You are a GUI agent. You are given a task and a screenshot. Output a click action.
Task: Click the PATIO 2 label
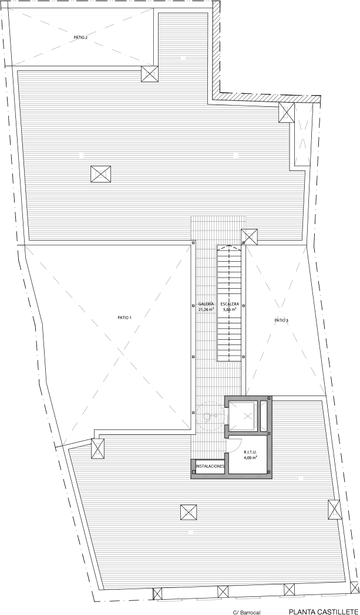tap(80, 38)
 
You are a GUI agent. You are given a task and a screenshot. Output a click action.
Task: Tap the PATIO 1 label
tap(124, 318)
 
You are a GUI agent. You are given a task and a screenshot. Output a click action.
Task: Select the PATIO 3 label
tap(281, 320)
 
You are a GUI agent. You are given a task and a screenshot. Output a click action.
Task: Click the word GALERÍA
tap(206, 304)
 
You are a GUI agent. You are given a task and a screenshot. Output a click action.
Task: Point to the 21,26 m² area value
tap(206, 309)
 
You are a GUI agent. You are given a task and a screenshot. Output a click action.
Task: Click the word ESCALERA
tap(229, 304)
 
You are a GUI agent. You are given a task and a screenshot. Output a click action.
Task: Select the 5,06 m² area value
tap(229, 309)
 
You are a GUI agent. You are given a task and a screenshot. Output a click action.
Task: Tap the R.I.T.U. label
tap(250, 452)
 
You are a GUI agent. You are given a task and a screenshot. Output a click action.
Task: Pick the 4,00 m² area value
tap(250, 457)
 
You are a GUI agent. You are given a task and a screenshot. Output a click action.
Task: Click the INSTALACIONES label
tap(210, 467)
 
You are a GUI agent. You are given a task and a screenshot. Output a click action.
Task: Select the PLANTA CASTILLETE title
tap(324, 611)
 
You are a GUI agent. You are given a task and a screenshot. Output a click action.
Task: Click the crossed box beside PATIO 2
tap(150, 74)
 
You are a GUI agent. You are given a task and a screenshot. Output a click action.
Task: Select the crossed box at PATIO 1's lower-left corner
tap(97, 448)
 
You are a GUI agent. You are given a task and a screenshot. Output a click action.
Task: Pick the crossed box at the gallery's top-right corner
tap(249, 236)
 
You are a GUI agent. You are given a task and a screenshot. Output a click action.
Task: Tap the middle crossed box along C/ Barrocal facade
tap(223, 591)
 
